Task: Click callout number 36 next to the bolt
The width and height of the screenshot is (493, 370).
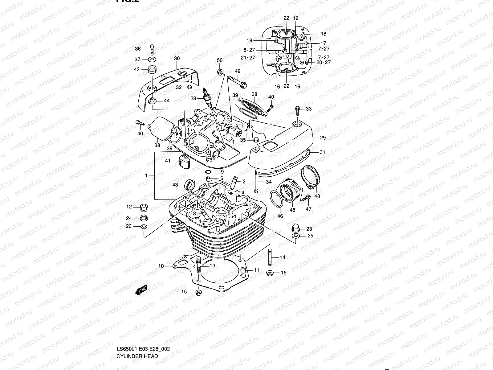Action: (138, 49)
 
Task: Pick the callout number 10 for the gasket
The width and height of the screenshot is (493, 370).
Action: (161, 266)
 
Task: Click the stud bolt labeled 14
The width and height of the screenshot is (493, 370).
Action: (270, 257)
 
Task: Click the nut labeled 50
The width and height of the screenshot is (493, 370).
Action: (220, 72)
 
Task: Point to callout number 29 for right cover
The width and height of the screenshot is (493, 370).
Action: (323, 138)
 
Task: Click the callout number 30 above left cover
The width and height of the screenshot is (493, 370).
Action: (177, 58)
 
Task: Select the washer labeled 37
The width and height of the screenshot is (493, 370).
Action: (152, 59)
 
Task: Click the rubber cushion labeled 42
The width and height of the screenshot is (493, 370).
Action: (152, 69)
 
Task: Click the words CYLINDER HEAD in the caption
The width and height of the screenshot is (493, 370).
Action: (137, 330)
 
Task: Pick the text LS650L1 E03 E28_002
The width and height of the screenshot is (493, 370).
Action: (143, 323)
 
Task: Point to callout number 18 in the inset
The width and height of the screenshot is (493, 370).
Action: (323, 34)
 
